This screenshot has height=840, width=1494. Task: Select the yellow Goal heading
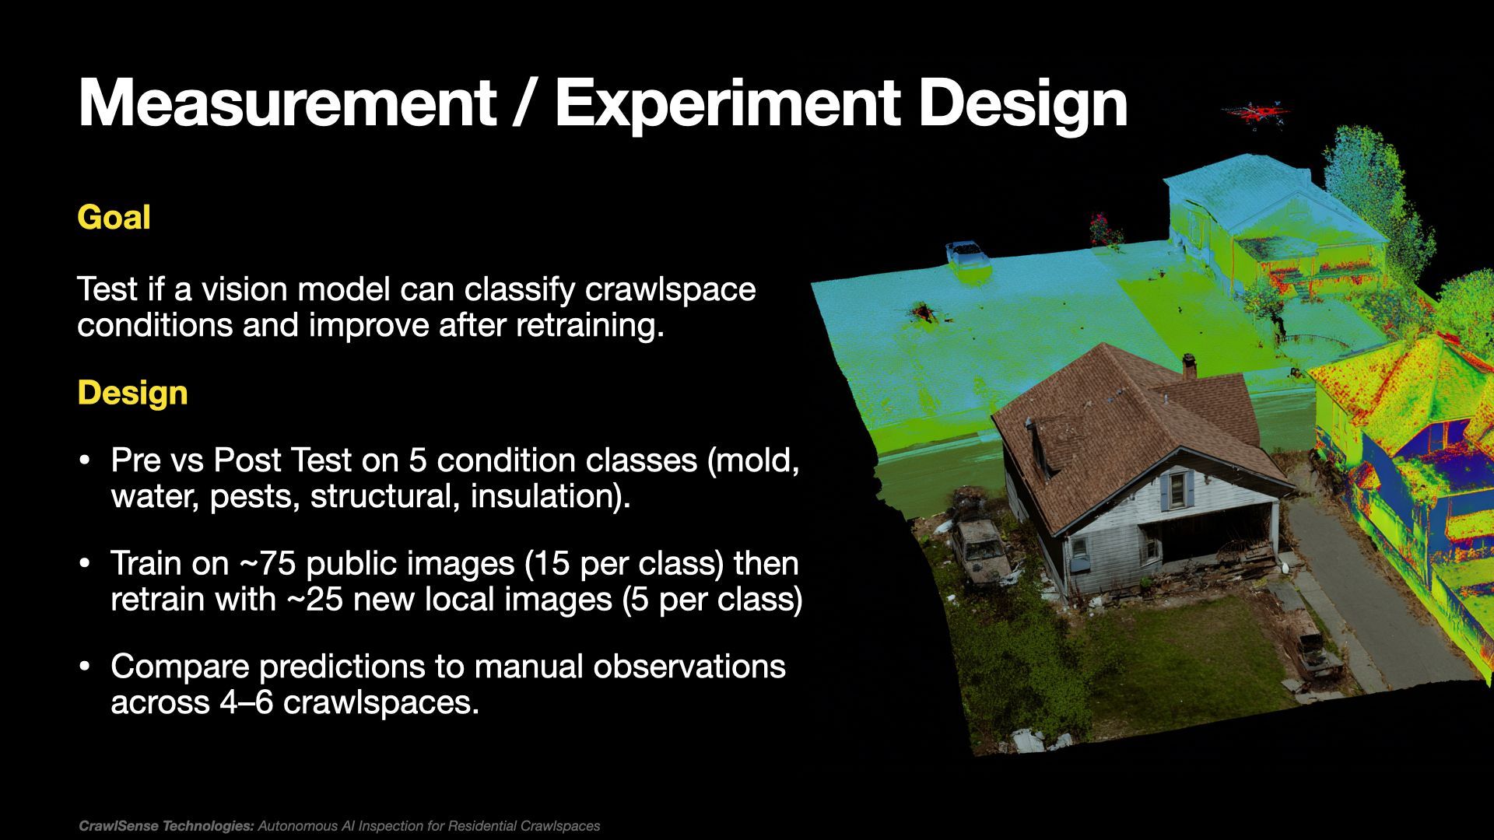tap(114, 217)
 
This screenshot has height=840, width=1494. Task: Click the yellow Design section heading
tap(132, 393)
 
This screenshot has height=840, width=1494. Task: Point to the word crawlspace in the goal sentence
tap(669, 289)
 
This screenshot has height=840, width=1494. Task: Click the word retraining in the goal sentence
tap(590, 325)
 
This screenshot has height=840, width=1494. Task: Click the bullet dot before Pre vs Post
tap(86, 460)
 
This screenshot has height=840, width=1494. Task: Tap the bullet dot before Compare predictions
tap(86, 667)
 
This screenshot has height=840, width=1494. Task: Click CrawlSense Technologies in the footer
tap(167, 826)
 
